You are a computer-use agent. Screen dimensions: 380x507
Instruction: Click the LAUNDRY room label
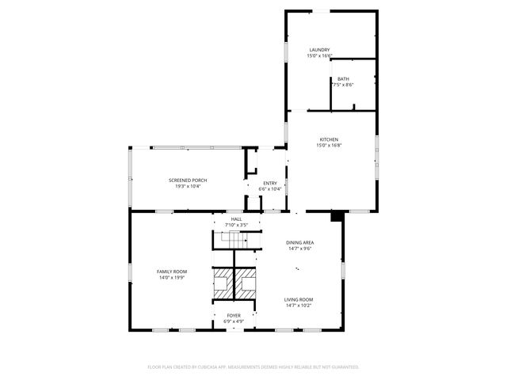tap(319, 49)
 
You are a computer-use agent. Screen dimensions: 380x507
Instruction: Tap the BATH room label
tap(342, 78)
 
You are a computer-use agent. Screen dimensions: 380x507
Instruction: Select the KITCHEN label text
tap(328, 139)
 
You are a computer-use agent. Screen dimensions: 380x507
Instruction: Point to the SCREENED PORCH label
tap(188, 180)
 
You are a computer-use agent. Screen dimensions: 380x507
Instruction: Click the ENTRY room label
tap(270, 183)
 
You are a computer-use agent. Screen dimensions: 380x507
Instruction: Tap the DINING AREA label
tap(299, 242)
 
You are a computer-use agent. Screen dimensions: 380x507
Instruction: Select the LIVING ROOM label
tap(299, 299)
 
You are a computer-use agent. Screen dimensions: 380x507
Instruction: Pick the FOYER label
tap(233, 315)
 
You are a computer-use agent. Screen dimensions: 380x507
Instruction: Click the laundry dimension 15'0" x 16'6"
tap(319, 55)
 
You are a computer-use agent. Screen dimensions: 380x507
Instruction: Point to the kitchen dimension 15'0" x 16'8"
tap(328, 146)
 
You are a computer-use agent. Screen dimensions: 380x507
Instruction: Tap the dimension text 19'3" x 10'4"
tap(188, 186)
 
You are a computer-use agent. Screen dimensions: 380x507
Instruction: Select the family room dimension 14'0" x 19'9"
tap(172, 278)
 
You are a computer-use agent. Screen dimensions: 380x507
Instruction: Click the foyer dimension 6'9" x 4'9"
tap(233, 321)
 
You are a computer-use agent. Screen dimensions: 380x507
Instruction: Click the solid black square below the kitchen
tap(336, 215)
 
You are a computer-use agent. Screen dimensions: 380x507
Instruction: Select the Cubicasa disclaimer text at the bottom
tap(253, 367)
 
